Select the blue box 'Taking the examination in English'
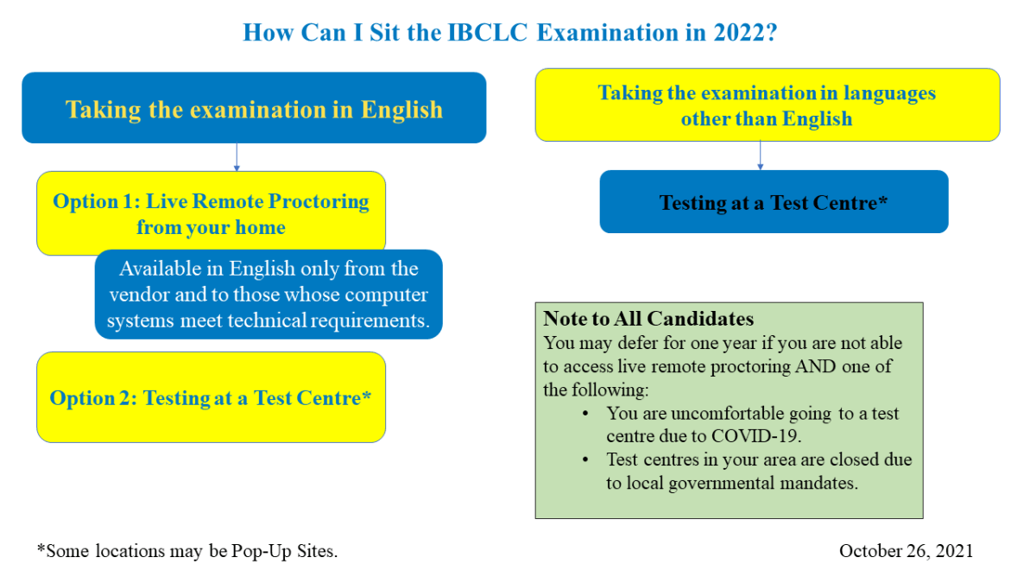click(254, 109)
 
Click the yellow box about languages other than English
click(767, 105)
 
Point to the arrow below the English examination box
click(237, 157)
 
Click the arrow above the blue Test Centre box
click(760, 155)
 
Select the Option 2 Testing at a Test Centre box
click(211, 397)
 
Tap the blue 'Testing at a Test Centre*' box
click(774, 202)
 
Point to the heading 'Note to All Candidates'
click(648, 319)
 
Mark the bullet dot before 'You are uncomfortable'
click(587, 414)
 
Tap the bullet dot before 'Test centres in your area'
click(587, 460)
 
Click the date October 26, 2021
click(906, 551)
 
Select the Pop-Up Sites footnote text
click(187, 551)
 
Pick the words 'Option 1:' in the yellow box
click(95, 201)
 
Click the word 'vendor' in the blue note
click(140, 295)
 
